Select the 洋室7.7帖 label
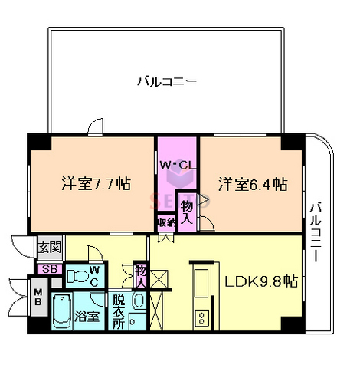(x=96, y=185)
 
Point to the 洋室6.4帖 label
(x=253, y=185)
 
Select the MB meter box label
(x=37, y=295)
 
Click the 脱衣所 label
(x=119, y=311)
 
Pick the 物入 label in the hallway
(x=141, y=274)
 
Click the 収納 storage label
(x=166, y=222)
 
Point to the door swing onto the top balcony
(x=93, y=125)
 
